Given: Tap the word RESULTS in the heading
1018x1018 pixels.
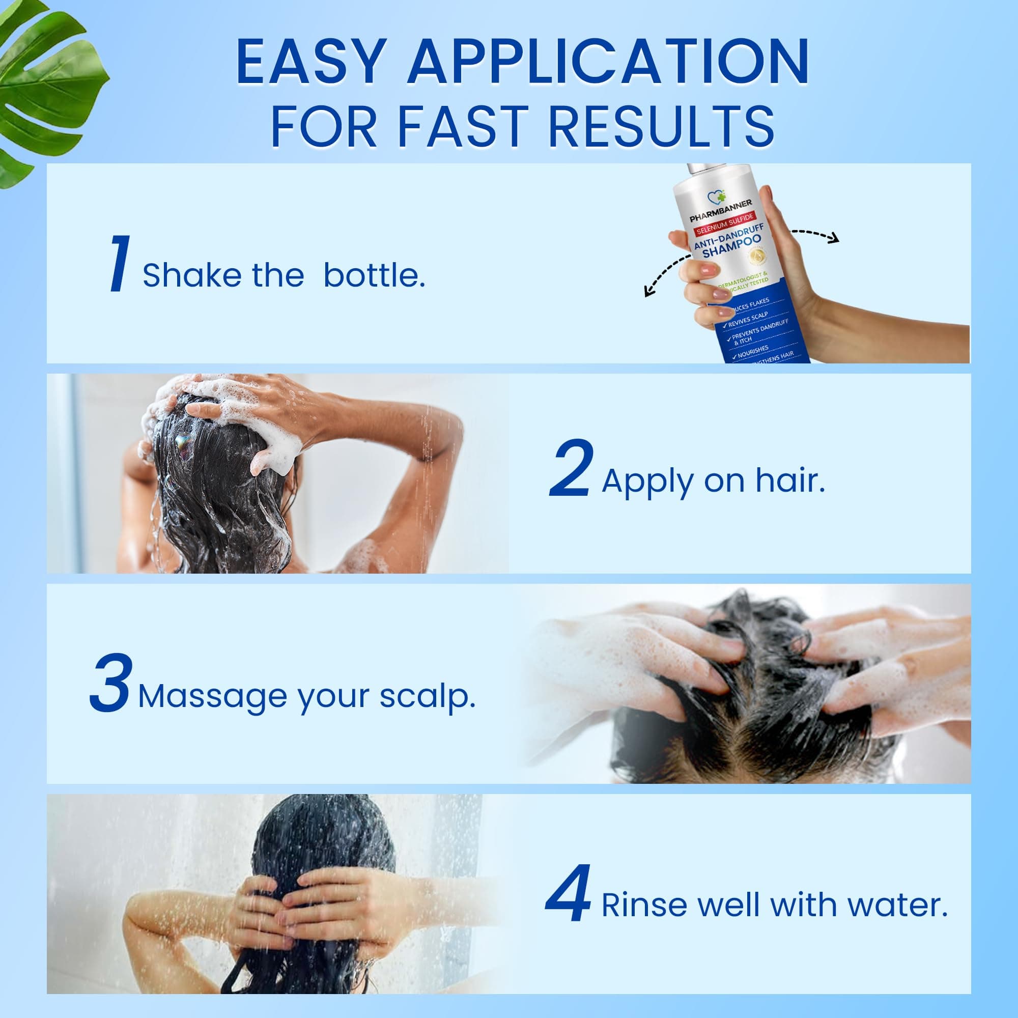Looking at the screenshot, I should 661,126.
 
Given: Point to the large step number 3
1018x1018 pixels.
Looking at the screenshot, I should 109,683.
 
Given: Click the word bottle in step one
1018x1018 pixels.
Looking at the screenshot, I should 374,275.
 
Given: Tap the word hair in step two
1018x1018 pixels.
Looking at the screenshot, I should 790,480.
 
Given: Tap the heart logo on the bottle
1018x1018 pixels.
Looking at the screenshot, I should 716,197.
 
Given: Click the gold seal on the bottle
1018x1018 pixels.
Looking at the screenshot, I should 757,257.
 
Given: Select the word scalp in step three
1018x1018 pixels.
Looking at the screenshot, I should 428,697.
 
